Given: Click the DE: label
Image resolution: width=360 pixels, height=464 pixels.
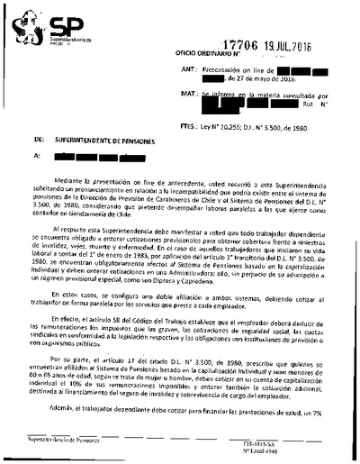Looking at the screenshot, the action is [x=37, y=141].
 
